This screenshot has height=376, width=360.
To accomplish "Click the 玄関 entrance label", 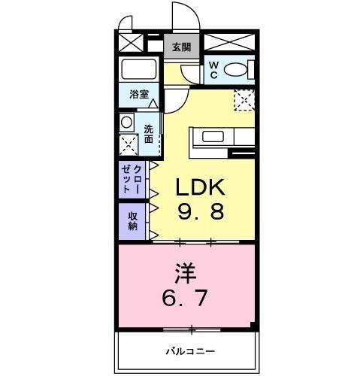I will [180, 47].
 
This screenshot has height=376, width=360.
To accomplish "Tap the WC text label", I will [214, 70].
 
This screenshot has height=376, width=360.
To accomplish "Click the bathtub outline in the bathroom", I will [139, 71].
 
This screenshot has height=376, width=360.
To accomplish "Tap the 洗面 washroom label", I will [149, 134].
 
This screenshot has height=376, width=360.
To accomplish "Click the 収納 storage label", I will [133, 221].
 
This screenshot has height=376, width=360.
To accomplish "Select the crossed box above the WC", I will [230, 43].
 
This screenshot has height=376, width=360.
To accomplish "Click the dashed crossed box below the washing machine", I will [129, 144].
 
